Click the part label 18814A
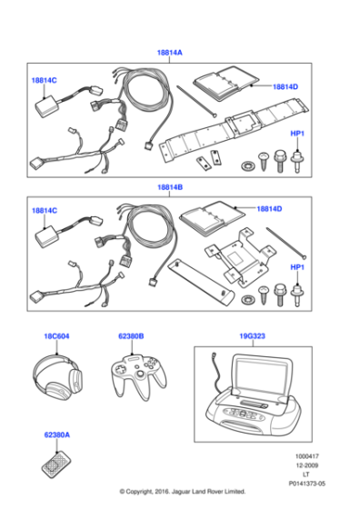pyautogui.click(x=170, y=54)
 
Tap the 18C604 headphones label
pyautogui.click(x=56, y=336)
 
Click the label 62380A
pyautogui.click(x=55, y=435)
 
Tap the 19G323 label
pyautogui.click(x=252, y=336)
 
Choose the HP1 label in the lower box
pyautogui.click(x=296, y=267)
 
